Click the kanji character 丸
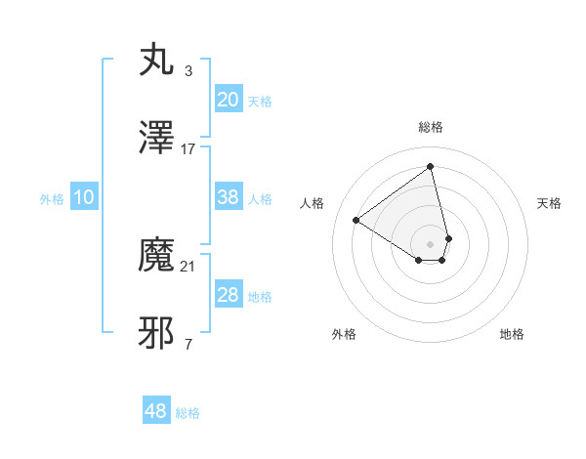[x=157, y=60]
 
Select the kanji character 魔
[x=157, y=256]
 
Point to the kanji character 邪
[x=157, y=334]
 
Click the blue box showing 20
[x=228, y=99]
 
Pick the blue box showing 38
[x=228, y=197]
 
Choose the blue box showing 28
[x=228, y=295]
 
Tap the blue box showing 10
[x=84, y=197]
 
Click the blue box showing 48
[x=156, y=411]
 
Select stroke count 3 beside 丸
[x=188, y=70]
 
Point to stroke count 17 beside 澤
[x=188, y=149]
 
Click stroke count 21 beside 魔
[x=188, y=266]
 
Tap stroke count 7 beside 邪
[x=188, y=344]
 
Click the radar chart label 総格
[x=431, y=127]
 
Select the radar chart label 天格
[x=549, y=203]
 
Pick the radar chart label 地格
[x=512, y=334]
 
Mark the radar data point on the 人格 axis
[x=356, y=220]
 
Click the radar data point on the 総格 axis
[x=431, y=167]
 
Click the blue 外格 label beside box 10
[x=52, y=198]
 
